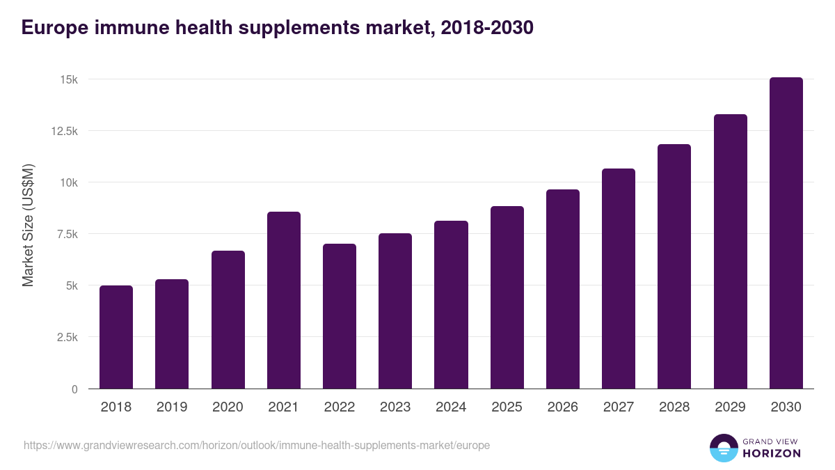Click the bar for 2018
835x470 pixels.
116,337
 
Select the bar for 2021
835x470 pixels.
284,300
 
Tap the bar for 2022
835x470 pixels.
340,316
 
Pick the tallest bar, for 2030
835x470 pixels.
786,233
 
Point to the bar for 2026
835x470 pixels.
562,289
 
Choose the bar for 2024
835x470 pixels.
451,305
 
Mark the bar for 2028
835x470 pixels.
674,267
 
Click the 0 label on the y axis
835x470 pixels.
74,389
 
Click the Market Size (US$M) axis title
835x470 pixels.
28,225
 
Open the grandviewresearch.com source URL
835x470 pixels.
257,445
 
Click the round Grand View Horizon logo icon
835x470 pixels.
723,448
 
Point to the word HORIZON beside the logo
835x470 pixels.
772,453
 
